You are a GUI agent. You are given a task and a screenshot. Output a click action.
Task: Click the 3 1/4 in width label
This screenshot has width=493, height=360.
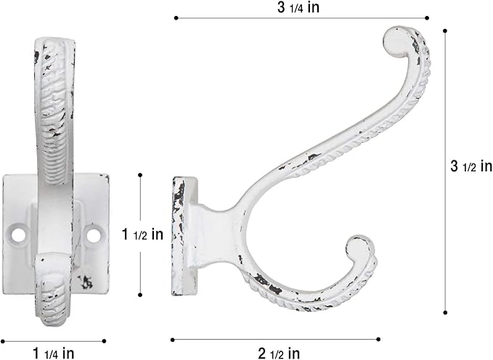(x=300, y=8)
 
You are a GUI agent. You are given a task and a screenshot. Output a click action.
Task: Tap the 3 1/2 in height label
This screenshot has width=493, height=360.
(x=471, y=167)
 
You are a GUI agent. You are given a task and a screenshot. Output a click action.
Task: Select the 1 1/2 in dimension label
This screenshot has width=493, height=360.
(x=142, y=234)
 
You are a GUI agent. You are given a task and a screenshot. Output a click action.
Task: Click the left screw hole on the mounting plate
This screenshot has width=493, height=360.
(x=19, y=235)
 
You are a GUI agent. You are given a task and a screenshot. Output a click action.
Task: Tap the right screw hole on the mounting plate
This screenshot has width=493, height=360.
(x=94, y=235)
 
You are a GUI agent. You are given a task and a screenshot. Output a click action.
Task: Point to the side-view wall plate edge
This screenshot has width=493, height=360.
(x=179, y=235)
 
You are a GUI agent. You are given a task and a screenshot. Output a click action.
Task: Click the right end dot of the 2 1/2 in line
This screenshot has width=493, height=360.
(x=378, y=338)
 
